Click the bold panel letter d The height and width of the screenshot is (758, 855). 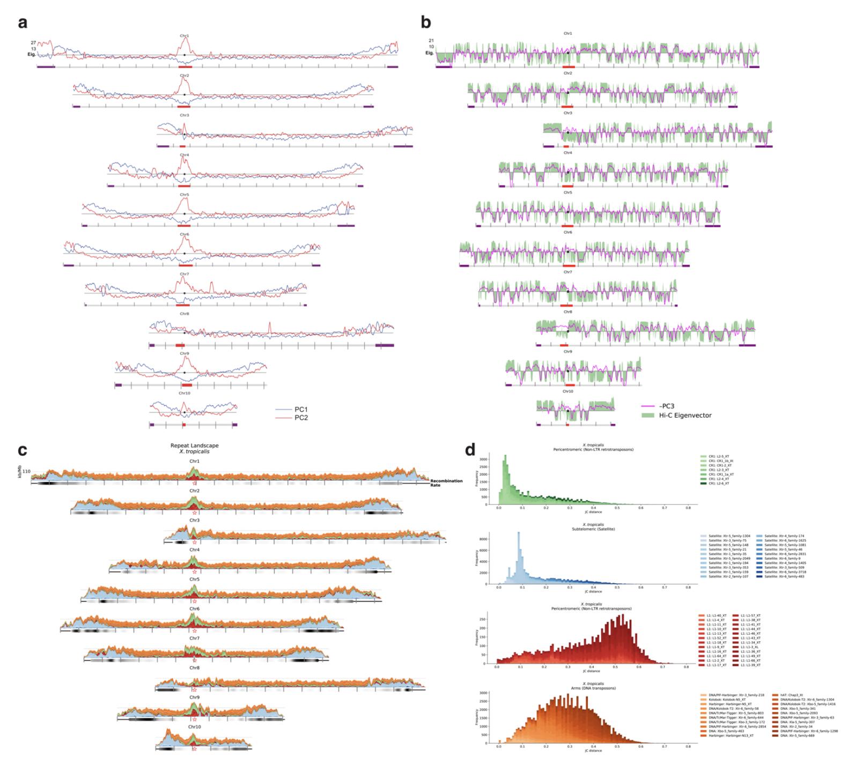tap(470, 449)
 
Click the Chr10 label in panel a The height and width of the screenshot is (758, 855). tap(184, 393)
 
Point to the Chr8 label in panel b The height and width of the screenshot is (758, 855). tap(567, 311)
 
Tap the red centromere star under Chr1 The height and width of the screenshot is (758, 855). tap(194, 483)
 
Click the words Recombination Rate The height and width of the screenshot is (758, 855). tap(446, 482)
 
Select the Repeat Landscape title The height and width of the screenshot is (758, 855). tap(194, 445)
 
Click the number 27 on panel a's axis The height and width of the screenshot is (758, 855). tap(33, 42)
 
